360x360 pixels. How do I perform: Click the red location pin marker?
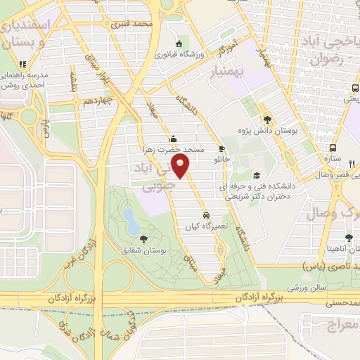181,168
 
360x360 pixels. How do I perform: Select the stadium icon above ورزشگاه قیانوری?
185,41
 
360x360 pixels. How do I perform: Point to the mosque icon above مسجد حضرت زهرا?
173,138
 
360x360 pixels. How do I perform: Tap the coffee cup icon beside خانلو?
222,149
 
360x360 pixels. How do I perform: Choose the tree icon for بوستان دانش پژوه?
266,120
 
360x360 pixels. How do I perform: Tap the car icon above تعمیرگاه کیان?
205,215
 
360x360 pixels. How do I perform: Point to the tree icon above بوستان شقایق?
143,238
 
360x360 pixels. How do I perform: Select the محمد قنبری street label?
136,25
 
